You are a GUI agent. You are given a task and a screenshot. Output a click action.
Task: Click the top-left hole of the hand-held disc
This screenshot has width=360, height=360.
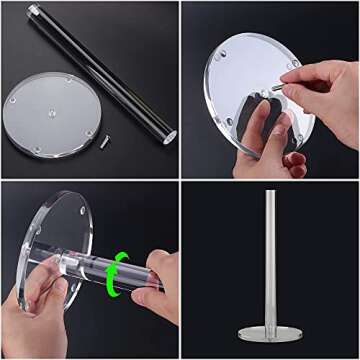(x=222, y=55)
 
